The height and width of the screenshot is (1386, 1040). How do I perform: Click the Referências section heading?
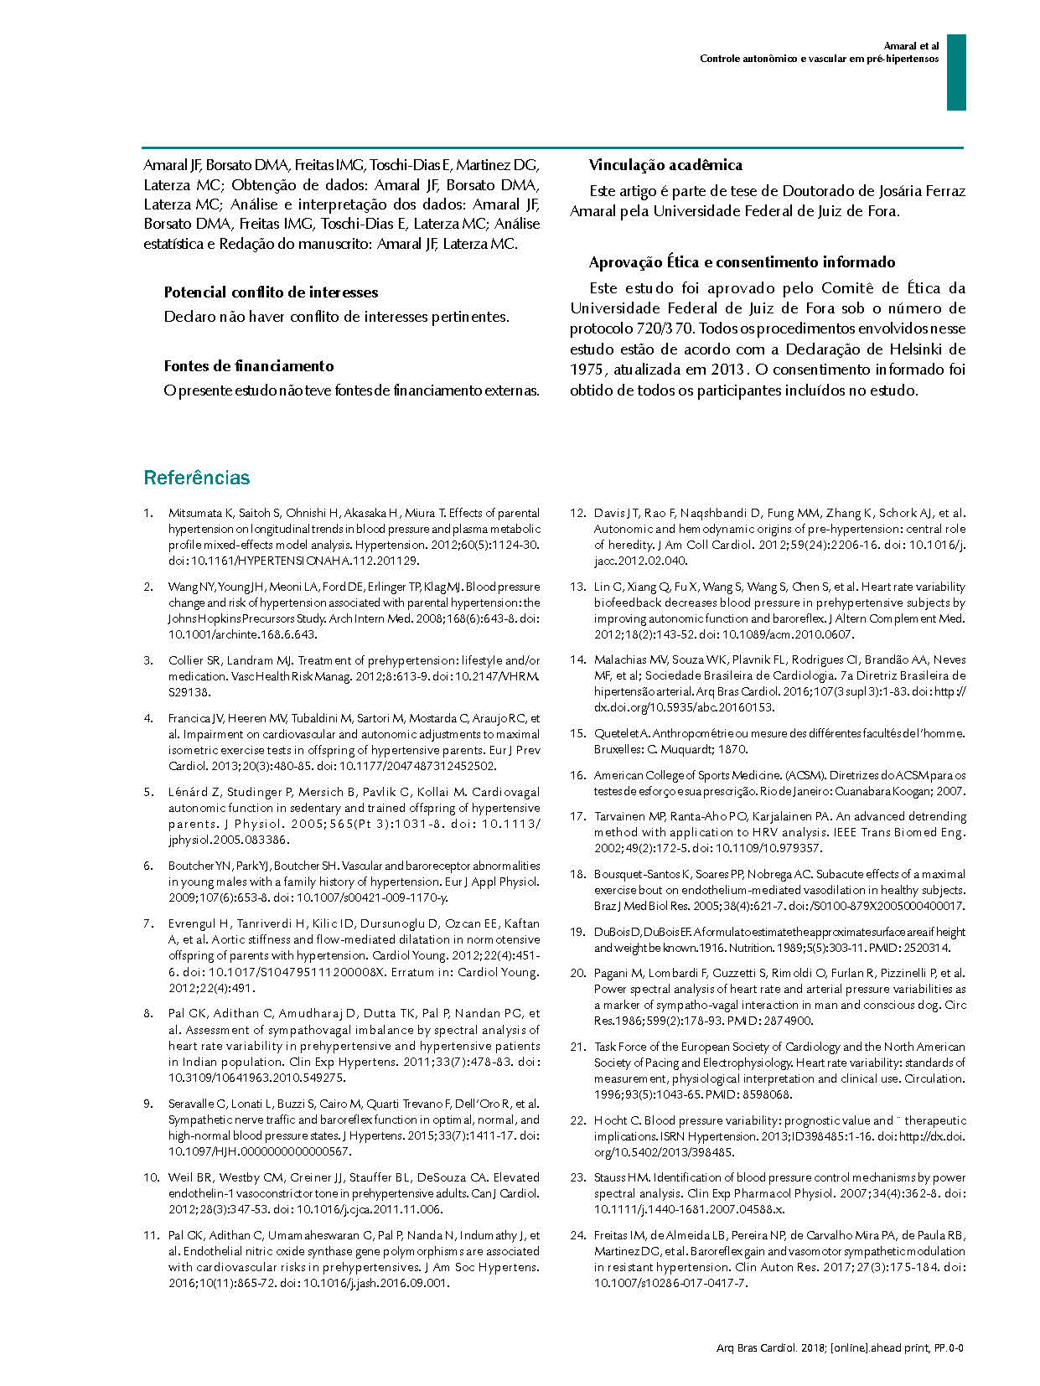[x=196, y=478]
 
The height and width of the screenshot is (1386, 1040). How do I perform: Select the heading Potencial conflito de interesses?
[x=271, y=292]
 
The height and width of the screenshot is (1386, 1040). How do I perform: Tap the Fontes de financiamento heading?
[x=249, y=366]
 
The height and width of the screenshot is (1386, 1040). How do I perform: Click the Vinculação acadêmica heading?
[x=665, y=165]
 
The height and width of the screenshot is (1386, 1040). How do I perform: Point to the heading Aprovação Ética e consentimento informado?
[x=742, y=262]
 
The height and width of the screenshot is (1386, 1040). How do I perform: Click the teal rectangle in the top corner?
[x=956, y=72]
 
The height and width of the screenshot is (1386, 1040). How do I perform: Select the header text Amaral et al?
[x=912, y=46]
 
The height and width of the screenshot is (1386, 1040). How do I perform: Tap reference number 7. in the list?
[x=148, y=923]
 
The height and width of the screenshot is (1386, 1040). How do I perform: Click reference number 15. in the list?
[x=577, y=733]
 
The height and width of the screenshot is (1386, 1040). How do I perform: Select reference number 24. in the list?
[x=577, y=1235]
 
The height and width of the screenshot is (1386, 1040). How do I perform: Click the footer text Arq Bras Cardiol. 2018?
[x=770, y=1347]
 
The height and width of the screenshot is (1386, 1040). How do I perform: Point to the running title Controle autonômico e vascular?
[x=819, y=59]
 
